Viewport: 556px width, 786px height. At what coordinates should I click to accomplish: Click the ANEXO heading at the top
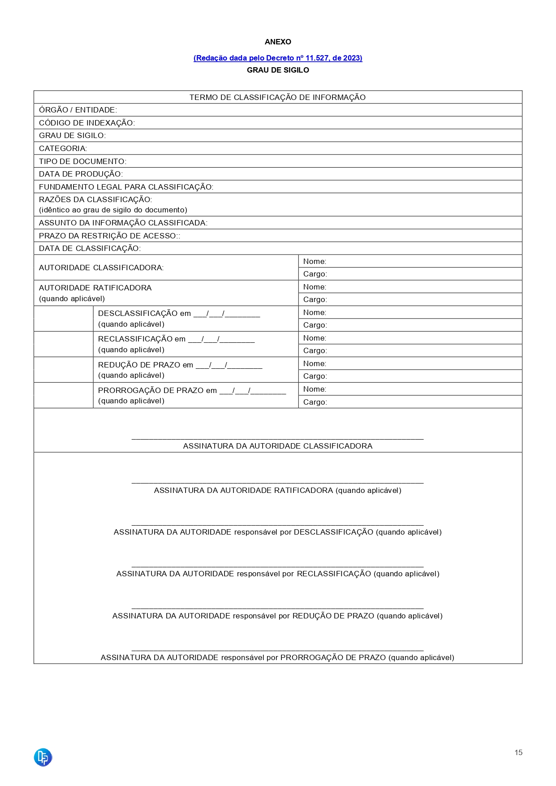pos(278,42)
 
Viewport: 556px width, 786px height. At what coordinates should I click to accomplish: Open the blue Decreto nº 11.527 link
pos(278,58)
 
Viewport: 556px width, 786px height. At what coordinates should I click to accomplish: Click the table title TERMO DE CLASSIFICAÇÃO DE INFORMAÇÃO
pos(277,97)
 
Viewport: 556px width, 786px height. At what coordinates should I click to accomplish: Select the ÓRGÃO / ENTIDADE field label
pos(78,110)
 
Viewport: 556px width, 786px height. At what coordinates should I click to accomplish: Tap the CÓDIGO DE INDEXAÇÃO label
pos(87,123)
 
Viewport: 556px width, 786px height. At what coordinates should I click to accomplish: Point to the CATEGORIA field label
pos(63,148)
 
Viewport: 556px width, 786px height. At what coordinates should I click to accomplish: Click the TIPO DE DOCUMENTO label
pos(83,161)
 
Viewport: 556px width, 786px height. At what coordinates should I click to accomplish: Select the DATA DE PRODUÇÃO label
pos(81,174)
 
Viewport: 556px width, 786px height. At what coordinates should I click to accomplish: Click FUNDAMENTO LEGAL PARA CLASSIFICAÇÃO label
pos(126,187)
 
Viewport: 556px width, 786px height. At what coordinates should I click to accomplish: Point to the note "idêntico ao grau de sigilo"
pos(113,210)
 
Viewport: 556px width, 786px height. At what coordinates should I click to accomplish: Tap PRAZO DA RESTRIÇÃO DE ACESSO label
pos(109,236)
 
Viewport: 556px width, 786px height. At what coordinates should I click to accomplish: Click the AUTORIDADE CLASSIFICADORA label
pos(101,268)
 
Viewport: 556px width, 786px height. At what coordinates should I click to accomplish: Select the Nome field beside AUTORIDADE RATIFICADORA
pos(410,287)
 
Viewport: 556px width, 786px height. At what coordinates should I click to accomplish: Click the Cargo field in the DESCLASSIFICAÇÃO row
pos(410,325)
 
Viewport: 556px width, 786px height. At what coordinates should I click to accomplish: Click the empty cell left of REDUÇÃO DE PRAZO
pos(63,370)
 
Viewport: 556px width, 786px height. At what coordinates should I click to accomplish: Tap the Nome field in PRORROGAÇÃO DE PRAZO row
pos(410,389)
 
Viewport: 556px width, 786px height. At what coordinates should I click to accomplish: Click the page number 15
pos(518,752)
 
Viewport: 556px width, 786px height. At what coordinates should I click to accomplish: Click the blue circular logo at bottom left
pos(43,757)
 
